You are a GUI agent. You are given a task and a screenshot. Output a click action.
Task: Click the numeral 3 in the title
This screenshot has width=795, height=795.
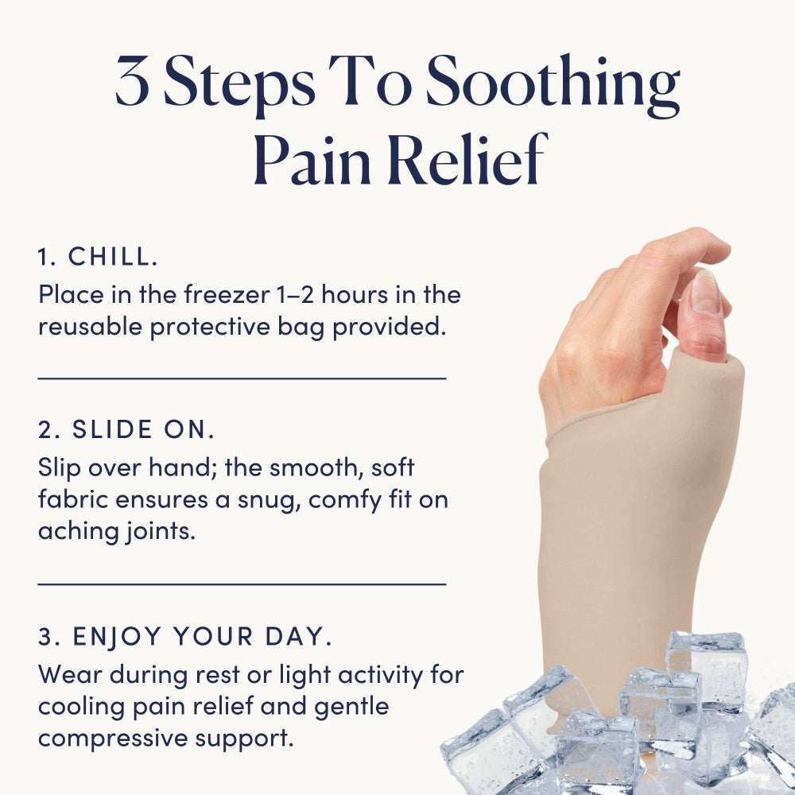tap(132, 81)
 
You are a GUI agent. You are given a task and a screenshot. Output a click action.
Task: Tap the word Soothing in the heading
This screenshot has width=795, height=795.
tap(553, 86)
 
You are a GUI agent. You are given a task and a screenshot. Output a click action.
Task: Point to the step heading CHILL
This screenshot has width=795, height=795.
tap(98, 257)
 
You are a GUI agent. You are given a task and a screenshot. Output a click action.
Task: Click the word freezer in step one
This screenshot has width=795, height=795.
tap(226, 295)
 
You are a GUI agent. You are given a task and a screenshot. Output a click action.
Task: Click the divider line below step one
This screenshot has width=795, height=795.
tap(242, 378)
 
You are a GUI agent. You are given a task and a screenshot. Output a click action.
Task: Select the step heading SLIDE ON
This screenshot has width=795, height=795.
tap(126, 429)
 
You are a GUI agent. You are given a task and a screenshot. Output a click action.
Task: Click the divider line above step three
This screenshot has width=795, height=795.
tap(242, 584)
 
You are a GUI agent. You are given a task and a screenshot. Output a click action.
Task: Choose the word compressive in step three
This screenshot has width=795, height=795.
tap(113, 739)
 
